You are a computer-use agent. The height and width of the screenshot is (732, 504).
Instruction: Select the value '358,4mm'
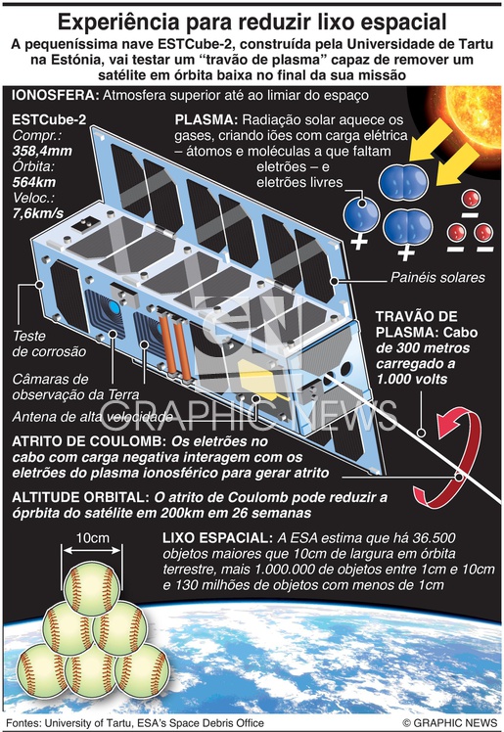42,151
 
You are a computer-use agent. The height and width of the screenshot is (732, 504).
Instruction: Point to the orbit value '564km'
34,182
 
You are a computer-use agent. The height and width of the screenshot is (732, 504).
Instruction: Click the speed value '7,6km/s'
38,213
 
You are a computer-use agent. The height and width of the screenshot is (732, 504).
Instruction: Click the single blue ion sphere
361,215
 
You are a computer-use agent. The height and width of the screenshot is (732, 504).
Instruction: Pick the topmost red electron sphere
471,199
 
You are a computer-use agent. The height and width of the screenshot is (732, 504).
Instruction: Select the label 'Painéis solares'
437,277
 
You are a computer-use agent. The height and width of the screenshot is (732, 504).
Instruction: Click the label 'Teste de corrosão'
49,343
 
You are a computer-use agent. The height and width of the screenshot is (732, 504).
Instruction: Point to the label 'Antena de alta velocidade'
92,417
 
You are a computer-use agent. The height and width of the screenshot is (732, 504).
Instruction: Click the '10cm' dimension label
92,538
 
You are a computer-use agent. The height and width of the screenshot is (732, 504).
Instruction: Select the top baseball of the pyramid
92,588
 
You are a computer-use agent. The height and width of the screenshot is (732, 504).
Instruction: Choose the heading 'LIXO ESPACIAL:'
217,538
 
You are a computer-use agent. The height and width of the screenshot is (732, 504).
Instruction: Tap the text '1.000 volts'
412,379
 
